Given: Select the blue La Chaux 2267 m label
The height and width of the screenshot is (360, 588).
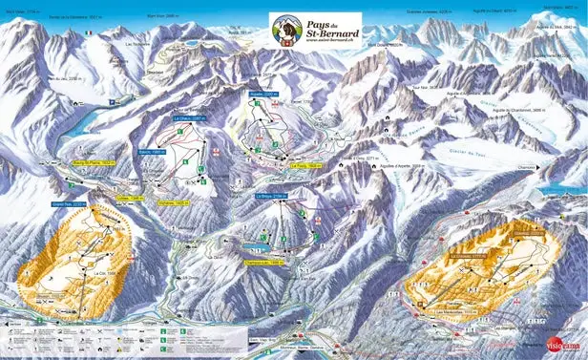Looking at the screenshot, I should click(x=191, y=118).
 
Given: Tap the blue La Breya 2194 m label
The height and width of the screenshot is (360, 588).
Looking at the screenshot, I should click(x=272, y=195).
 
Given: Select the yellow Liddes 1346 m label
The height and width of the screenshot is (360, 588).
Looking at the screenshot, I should click(x=129, y=198).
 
